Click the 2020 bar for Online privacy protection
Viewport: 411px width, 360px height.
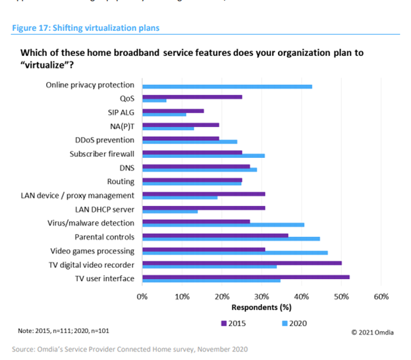227,86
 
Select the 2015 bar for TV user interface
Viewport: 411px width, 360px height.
246,277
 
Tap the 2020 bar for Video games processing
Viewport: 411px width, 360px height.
234,252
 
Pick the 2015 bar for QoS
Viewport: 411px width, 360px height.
192,97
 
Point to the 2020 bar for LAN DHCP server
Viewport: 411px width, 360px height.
169,211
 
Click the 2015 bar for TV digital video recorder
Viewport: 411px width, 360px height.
242,263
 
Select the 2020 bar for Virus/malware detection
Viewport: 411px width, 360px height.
223,224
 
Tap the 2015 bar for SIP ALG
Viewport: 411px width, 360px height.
173,111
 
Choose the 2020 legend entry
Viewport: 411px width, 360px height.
292,323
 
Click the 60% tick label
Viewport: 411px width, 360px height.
381,296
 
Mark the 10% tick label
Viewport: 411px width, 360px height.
181,296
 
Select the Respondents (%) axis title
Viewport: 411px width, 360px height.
261,307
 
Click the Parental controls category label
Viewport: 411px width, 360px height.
104,237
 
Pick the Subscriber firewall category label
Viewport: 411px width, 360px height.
102,153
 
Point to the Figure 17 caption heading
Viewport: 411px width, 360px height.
86,28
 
